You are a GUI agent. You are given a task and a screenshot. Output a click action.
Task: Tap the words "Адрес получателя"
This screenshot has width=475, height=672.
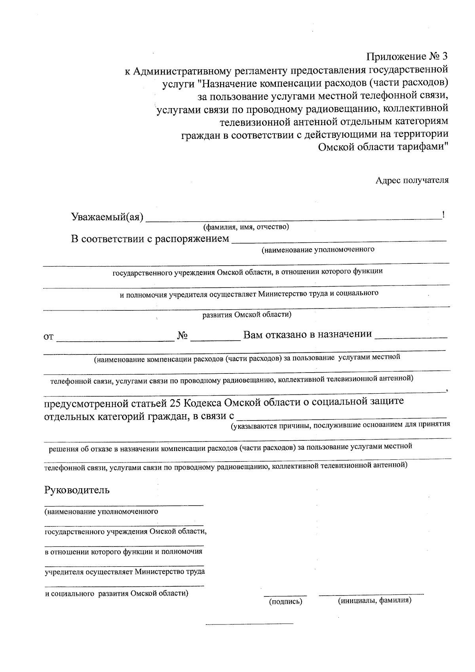(412, 181)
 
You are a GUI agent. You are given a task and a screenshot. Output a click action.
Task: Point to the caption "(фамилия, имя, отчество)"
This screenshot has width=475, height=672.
(246, 227)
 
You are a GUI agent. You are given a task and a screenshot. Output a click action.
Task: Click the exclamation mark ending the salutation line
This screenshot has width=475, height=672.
(444, 215)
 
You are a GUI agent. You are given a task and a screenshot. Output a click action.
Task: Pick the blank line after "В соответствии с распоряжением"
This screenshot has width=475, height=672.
(338, 240)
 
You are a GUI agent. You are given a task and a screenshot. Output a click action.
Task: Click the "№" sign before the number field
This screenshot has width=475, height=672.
(182, 335)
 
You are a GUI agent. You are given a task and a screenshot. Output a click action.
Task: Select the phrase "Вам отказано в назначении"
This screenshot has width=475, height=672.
(308, 335)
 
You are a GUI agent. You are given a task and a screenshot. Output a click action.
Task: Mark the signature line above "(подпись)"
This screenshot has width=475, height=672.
(285, 595)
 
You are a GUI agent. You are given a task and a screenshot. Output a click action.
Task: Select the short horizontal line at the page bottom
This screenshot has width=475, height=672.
(249, 624)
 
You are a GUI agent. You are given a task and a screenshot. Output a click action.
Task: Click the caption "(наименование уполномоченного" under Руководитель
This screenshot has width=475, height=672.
(101, 512)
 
